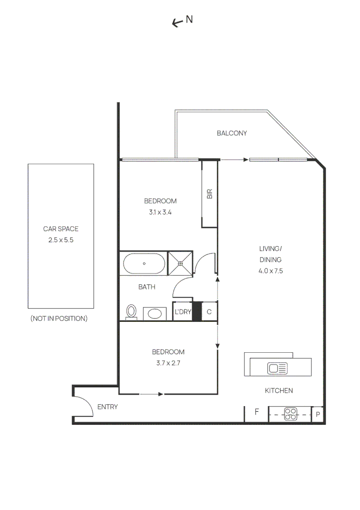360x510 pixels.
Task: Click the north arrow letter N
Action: pos(189,19)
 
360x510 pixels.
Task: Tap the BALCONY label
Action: pos(232,133)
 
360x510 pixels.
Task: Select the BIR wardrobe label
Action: pos(209,194)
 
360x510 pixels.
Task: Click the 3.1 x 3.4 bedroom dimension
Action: pos(160,212)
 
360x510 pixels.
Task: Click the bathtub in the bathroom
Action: pos(144,264)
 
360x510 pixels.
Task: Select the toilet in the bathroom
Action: pos(132,312)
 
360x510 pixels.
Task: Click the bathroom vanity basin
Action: pos(154,313)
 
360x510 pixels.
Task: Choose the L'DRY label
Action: pos(183,312)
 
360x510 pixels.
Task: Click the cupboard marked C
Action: pos(209,312)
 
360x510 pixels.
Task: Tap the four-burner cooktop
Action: pos(291,414)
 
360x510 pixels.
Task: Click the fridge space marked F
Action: pos(257,412)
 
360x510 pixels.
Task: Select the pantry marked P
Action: pos(318,415)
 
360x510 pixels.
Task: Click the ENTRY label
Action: pos(107,407)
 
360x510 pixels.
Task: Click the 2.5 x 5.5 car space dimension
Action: pos(61,240)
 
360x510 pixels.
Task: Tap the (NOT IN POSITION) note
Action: pos(59,319)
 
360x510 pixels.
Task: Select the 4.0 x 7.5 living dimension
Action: pos(270,271)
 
